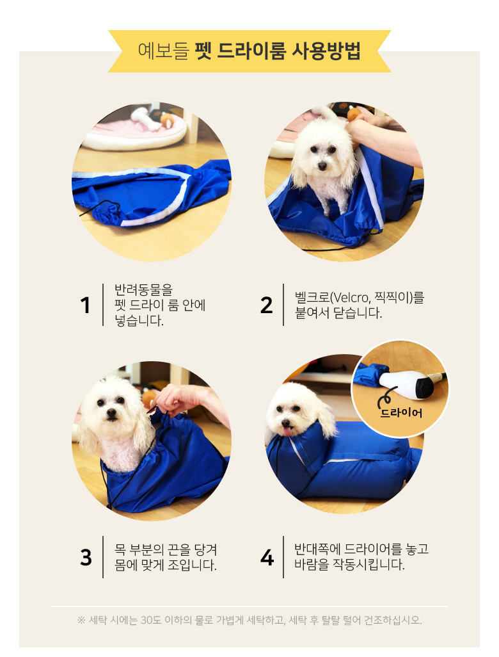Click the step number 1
85,305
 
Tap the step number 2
266,305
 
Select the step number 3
86,557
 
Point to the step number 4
267,557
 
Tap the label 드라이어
401,413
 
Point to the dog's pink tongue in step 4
287,432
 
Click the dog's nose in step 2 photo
322,166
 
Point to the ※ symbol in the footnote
81,620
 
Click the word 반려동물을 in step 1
143,289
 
